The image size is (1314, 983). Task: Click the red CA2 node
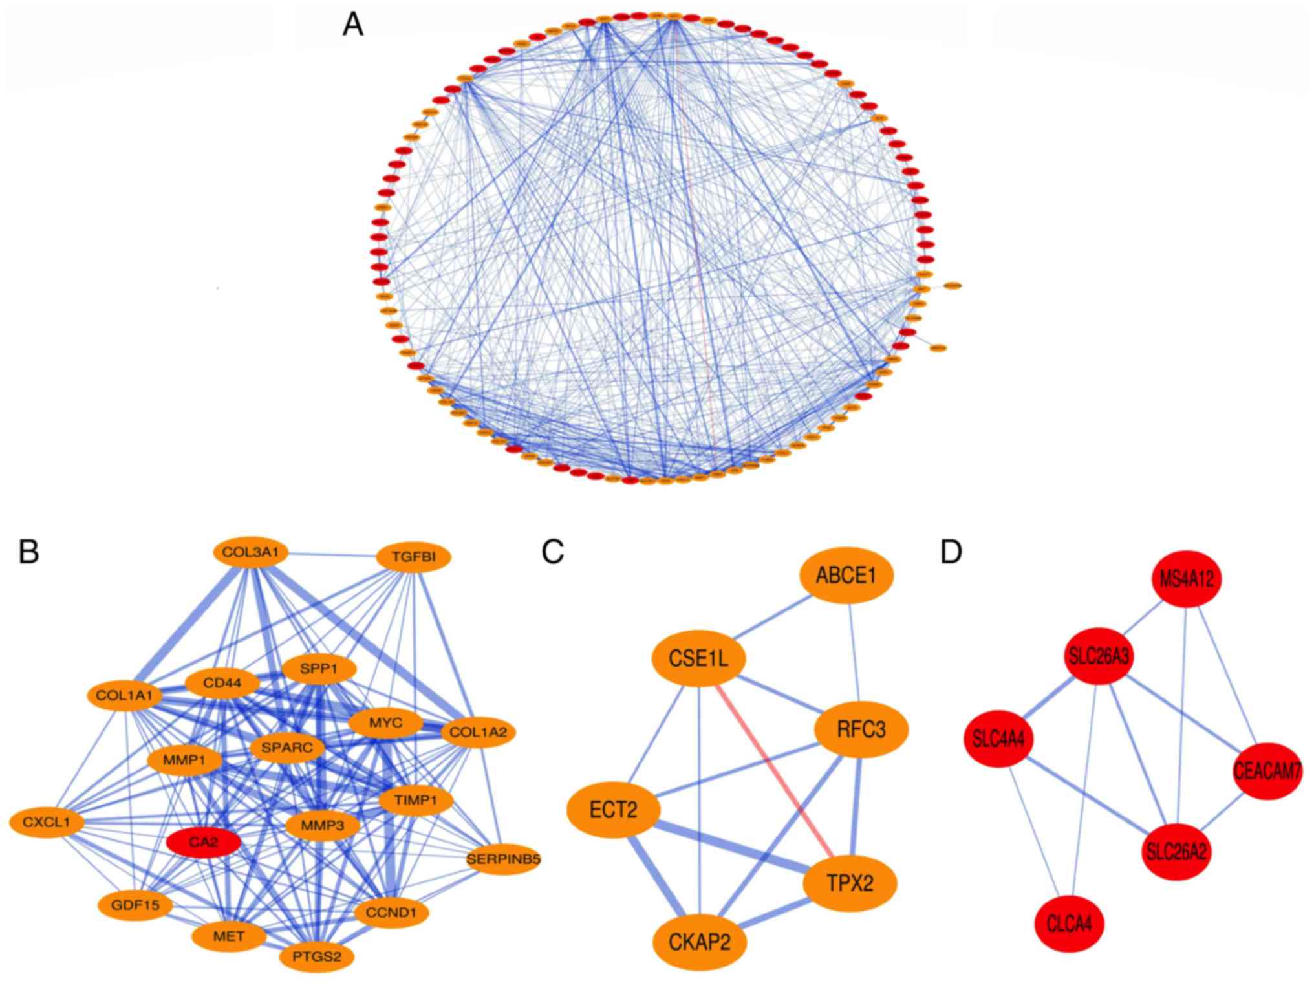[x=204, y=843]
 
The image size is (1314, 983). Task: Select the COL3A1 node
[x=250, y=554]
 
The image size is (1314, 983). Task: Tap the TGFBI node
[x=414, y=557]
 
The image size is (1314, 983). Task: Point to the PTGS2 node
[x=317, y=955]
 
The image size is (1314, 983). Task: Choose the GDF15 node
[x=136, y=905]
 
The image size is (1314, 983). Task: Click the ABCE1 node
[x=846, y=576]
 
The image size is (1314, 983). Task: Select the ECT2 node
[x=613, y=809]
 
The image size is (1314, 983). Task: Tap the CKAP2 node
[x=700, y=942]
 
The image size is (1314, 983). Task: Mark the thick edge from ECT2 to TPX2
[x=731, y=845]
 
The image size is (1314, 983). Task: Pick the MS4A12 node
[x=1187, y=579]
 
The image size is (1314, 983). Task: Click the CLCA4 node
[x=1070, y=924]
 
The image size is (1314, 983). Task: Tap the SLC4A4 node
[x=998, y=739]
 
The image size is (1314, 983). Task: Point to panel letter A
[x=352, y=26]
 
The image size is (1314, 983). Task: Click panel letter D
[x=951, y=552]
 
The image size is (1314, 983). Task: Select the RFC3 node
[x=861, y=730]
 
